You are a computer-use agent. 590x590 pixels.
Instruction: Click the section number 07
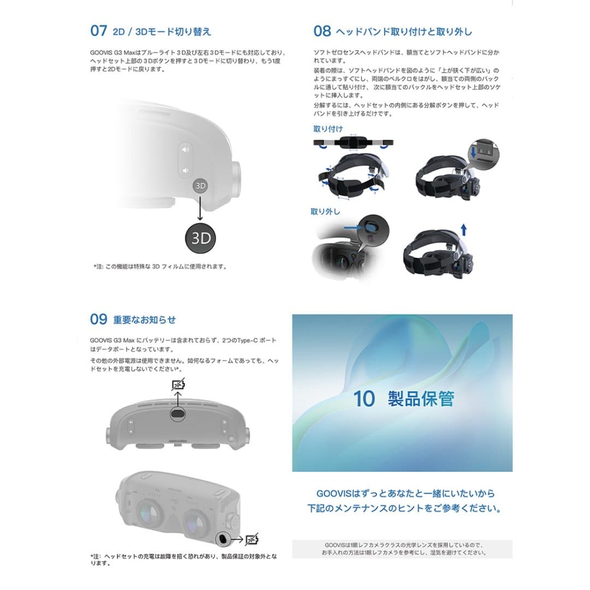[98, 31]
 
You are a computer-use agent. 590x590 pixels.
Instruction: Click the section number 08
[322, 31]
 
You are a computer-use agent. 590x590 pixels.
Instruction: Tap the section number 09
[98, 319]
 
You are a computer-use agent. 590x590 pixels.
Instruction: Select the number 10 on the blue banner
[364, 399]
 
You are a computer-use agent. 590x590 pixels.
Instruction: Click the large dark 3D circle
[200, 238]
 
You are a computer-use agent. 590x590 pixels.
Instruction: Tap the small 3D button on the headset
[200, 186]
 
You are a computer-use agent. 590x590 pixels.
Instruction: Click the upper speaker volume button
[186, 149]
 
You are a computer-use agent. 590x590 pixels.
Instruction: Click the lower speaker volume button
[186, 170]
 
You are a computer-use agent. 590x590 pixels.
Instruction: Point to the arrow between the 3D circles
[200, 208]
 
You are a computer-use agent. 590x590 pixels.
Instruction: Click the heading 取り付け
[328, 129]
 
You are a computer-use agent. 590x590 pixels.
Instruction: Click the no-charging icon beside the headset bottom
[252, 540]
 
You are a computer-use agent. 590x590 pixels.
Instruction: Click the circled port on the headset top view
[178, 415]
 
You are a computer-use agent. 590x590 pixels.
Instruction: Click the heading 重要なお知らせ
[144, 320]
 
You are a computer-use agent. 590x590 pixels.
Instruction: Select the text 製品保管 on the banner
[421, 399]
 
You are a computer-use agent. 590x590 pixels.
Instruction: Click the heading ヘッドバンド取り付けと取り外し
[404, 31]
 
